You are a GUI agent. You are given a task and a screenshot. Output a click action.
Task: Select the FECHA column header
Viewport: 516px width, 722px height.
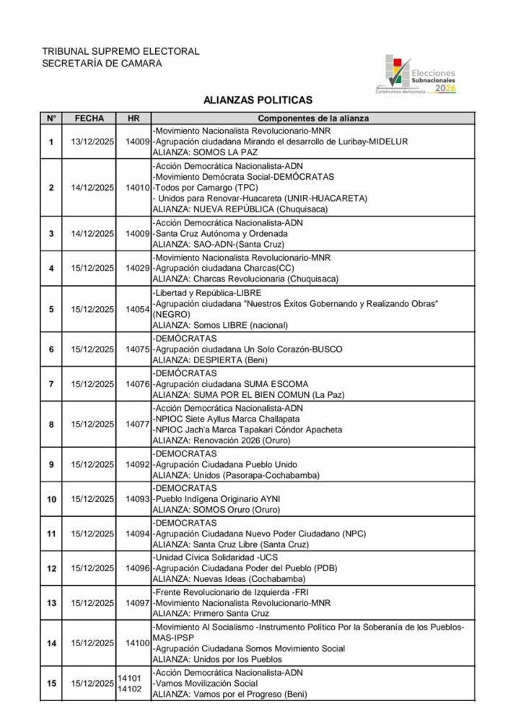point(89,118)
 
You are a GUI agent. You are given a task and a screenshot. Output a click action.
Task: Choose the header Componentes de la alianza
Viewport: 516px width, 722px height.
point(312,118)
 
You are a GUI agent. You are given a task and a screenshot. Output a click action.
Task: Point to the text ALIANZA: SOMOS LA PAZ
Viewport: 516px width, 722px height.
point(205,152)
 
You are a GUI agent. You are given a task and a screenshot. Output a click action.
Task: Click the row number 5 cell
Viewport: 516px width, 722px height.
point(51,309)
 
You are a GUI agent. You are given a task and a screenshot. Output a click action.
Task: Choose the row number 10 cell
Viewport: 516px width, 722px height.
point(51,499)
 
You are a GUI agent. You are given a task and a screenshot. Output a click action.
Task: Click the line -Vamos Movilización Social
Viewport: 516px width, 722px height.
point(205,683)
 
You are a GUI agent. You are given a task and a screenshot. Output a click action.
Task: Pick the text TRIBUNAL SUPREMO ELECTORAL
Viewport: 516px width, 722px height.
point(121,51)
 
